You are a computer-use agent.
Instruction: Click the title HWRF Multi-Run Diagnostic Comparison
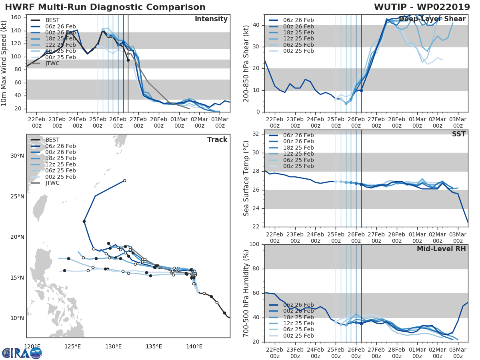coord(105,7)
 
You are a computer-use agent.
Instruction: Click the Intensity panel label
coord(211,19)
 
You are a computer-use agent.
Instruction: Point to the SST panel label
coord(459,134)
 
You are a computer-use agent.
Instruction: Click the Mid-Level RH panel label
coord(441,249)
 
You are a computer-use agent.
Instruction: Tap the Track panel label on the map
coord(217,140)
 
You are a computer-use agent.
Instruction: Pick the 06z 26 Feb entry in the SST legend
coord(298,136)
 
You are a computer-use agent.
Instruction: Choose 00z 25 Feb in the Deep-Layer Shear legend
coord(298,51)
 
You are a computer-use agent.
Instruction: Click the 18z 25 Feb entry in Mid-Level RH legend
coord(298,318)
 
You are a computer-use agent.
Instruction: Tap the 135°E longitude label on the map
coord(154,346)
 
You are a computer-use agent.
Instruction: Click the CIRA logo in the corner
coord(22,352)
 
